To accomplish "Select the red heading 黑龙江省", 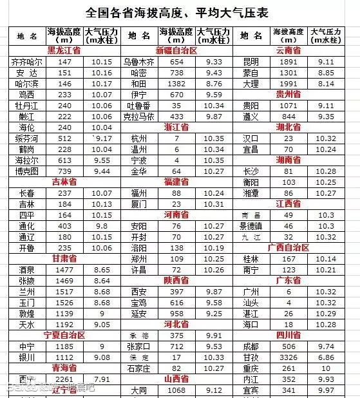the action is coord(64,50).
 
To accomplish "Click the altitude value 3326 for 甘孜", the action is coord(288,357).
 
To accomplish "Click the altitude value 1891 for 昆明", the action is coord(288,62).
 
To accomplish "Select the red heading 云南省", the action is coord(288,50).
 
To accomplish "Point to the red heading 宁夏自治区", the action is coord(64,335).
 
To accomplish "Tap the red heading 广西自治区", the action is coord(288,247).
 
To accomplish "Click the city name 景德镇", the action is coord(251,226).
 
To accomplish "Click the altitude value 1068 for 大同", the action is coord(176,390).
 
